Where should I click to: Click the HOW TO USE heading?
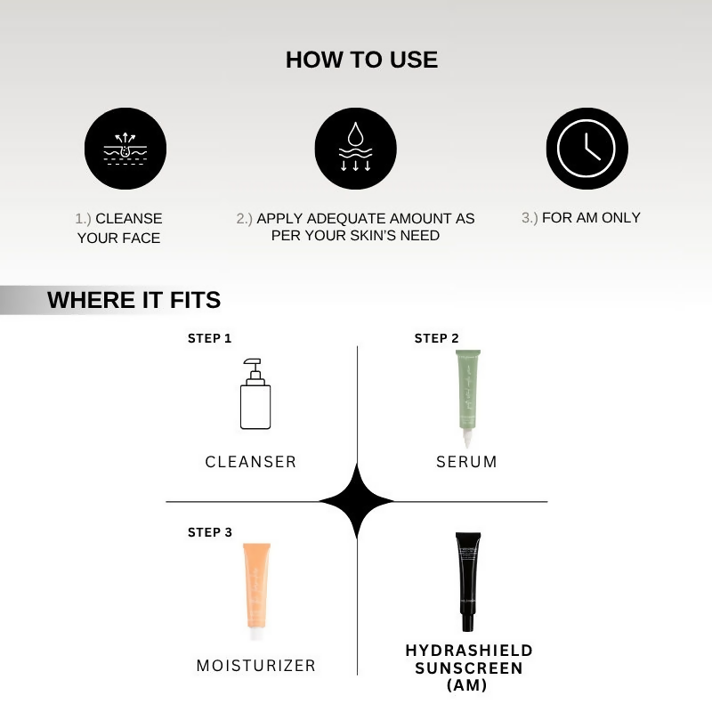(x=361, y=60)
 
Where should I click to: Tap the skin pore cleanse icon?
(x=125, y=149)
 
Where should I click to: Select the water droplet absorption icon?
(x=356, y=149)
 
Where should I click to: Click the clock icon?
(x=587, y=149)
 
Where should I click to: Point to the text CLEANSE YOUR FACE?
(x=119, y=228)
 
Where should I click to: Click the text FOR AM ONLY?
(x=580, y=217)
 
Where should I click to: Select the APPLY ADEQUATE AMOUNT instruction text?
(x=356, y=227)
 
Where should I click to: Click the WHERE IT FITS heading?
(x=133, y=300)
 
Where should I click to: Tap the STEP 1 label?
(x=209, y=339)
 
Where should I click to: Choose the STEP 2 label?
(x=436, y=339)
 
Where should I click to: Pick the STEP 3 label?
(x=209, y=532)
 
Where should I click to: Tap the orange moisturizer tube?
(x=256, y=591)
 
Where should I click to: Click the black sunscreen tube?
(x=467, y=581)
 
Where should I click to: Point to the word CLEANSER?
(x=251, y=462)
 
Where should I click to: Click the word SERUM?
(x=466, y=462)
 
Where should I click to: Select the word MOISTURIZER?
(x=256, y=666)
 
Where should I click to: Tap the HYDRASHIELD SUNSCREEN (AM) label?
(x=469, y=667)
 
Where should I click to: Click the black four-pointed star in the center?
(x=357, y=502)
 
